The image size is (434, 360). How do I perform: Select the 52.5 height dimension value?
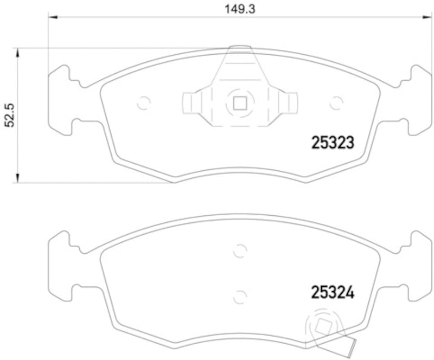click(x=9, y=116)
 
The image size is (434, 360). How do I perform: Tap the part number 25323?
click(x=333, y=143)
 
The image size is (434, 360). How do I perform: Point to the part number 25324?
click(x=333, y=293)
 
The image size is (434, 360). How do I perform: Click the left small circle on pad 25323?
click(x=144, y=102)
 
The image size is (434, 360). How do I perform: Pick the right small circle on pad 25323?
click(x=336, y=102)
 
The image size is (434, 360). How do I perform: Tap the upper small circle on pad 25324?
click(x=239, y=251)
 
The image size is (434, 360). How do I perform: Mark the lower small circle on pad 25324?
click(x=239, y=296)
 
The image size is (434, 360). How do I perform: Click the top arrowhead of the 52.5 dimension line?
click(x=18, y=52)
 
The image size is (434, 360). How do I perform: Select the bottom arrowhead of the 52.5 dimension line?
click(x=18, y=178)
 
